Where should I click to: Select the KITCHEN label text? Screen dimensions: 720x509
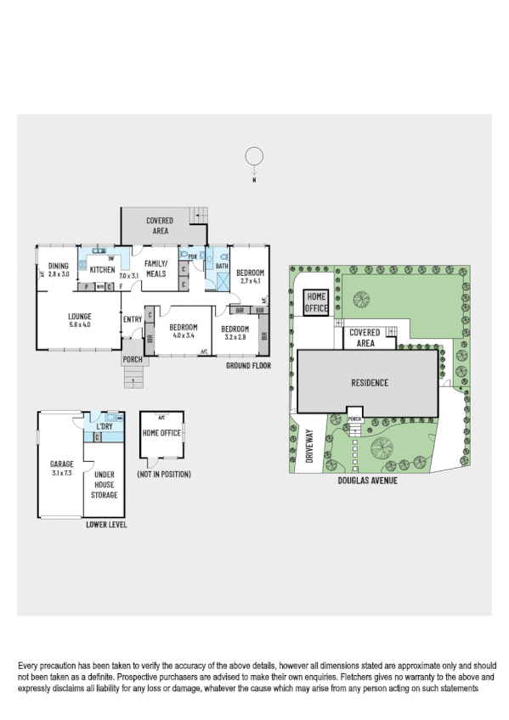tap(102, 270)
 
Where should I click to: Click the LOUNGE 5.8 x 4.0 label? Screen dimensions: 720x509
tap(79, 319)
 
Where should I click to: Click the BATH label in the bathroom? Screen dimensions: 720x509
tap(222, 266)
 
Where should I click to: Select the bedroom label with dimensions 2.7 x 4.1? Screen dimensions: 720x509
tap(252, 276)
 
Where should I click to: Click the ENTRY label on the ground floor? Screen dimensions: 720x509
tap(133, 319)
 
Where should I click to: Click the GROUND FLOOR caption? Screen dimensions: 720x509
tap(248, 366)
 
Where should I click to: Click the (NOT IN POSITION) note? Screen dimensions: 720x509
tap(163, 474)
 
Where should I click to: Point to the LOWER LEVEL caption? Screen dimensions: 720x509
tap(107, 525)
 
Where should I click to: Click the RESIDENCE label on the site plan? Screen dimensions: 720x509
tap(369, 382)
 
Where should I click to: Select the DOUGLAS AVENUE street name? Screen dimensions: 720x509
tap(367, 480)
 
